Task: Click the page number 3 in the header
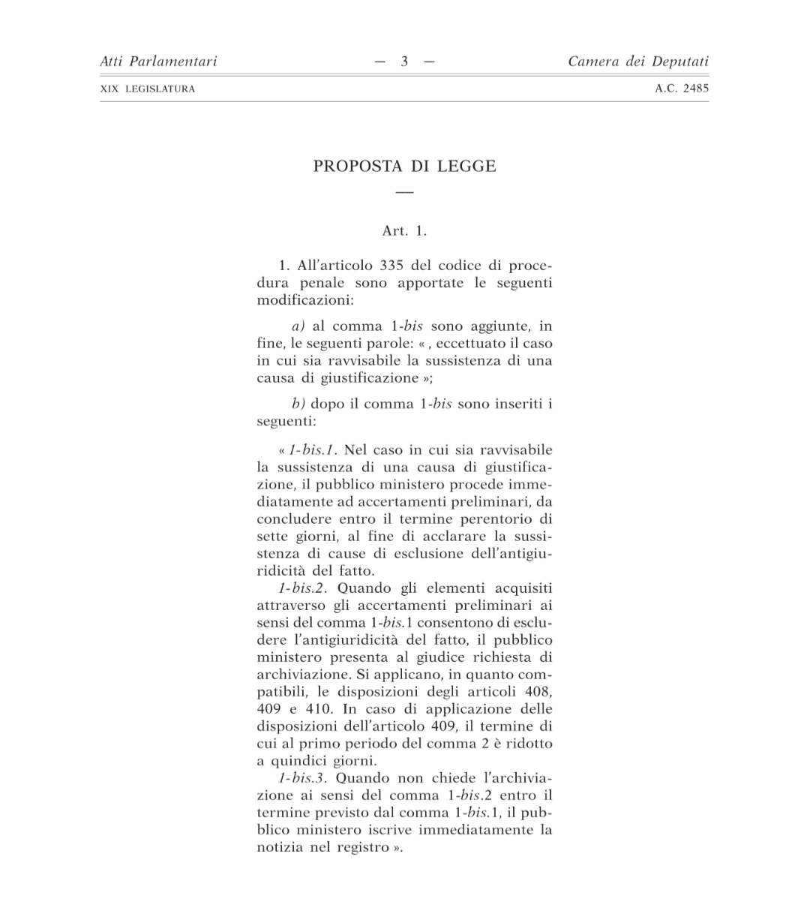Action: [x=404, y=62]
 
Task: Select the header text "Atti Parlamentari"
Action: [x=158, y=62]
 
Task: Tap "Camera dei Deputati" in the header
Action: [x=637, y=62]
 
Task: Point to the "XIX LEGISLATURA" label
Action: [x=147, y=89]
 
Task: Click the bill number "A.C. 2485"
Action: [x=682, y=89]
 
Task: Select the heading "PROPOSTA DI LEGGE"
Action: [x=404, y=166]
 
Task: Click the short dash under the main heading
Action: [x=404, y=193]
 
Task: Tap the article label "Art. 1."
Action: [x=404, y=231]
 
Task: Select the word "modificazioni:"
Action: [x=305, y=300]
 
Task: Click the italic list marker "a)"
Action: [x=298, y=326]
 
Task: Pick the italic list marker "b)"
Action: [x=298, y=404]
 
